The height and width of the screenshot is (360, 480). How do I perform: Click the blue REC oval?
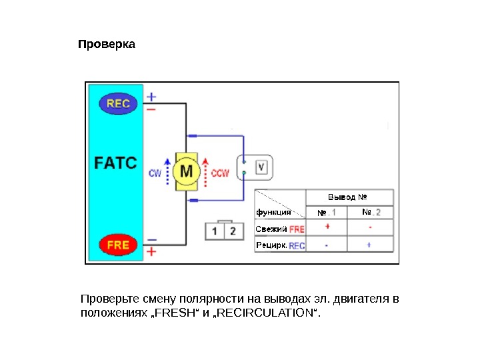click(118, 103)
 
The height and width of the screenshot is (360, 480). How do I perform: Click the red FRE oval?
click(118, 245)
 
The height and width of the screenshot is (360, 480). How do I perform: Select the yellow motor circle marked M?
click(186, 172)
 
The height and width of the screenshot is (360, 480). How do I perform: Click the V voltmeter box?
click(262, 167)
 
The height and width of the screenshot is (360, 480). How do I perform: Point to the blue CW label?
click(155, 173)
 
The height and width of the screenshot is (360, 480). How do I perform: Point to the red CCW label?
click(220, 173)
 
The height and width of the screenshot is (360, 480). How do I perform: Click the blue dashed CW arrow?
click(167, 171)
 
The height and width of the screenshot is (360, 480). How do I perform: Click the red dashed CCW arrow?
click(206, 171)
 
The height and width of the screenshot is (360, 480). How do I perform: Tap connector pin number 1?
click(215, 231)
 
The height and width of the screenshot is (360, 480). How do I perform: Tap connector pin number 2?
click(233, 231)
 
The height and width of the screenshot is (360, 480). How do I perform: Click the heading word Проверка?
click(107, 45)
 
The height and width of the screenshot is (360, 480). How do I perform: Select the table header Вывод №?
click(349, 197)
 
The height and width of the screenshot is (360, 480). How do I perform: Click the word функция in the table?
click(273, 213)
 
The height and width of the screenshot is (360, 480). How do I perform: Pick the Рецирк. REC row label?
click(280, 245)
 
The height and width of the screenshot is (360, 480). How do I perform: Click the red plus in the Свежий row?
click(327, 227)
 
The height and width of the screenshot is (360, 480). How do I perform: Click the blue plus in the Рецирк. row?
click(369, 245)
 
